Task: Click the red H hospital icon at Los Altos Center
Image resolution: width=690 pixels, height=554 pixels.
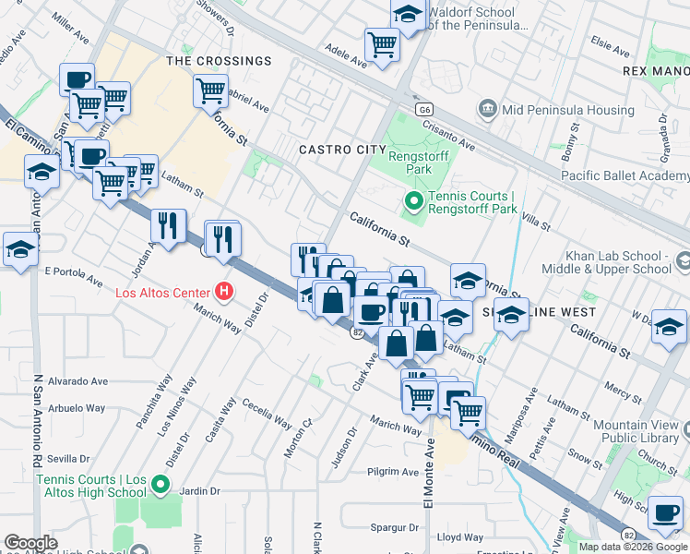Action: click(x=223, y=294)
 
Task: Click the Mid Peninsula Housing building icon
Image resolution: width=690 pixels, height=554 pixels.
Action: click(x=487, y=110)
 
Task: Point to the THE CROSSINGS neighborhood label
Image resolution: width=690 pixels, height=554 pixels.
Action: click(x=219, y=61)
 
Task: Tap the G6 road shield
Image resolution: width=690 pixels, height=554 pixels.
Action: click(x=424, y=109)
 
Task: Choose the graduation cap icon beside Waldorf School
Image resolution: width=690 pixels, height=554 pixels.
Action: click(x=407, y=15)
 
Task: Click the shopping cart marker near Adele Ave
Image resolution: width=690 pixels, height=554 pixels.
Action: click(x=382, y=43)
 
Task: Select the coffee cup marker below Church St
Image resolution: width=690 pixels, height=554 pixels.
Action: click(x=666, y=512)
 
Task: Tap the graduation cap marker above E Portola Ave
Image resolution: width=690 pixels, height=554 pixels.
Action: click(x=20, y=248)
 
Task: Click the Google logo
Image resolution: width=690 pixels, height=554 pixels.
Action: click(x=30, y=543)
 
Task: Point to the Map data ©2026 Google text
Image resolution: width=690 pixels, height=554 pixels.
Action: click(x=633, y=547)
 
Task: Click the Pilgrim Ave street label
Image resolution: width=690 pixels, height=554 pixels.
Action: click(x=393, y=472)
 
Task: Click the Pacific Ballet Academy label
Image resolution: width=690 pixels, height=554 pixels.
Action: click(x=625, y=175)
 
